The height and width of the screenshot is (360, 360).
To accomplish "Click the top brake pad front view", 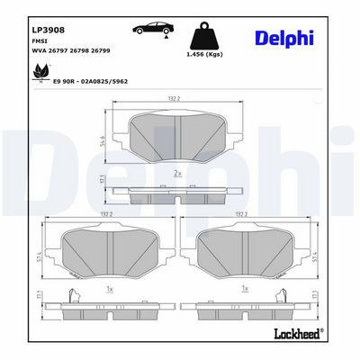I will click(x=177, y=135).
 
